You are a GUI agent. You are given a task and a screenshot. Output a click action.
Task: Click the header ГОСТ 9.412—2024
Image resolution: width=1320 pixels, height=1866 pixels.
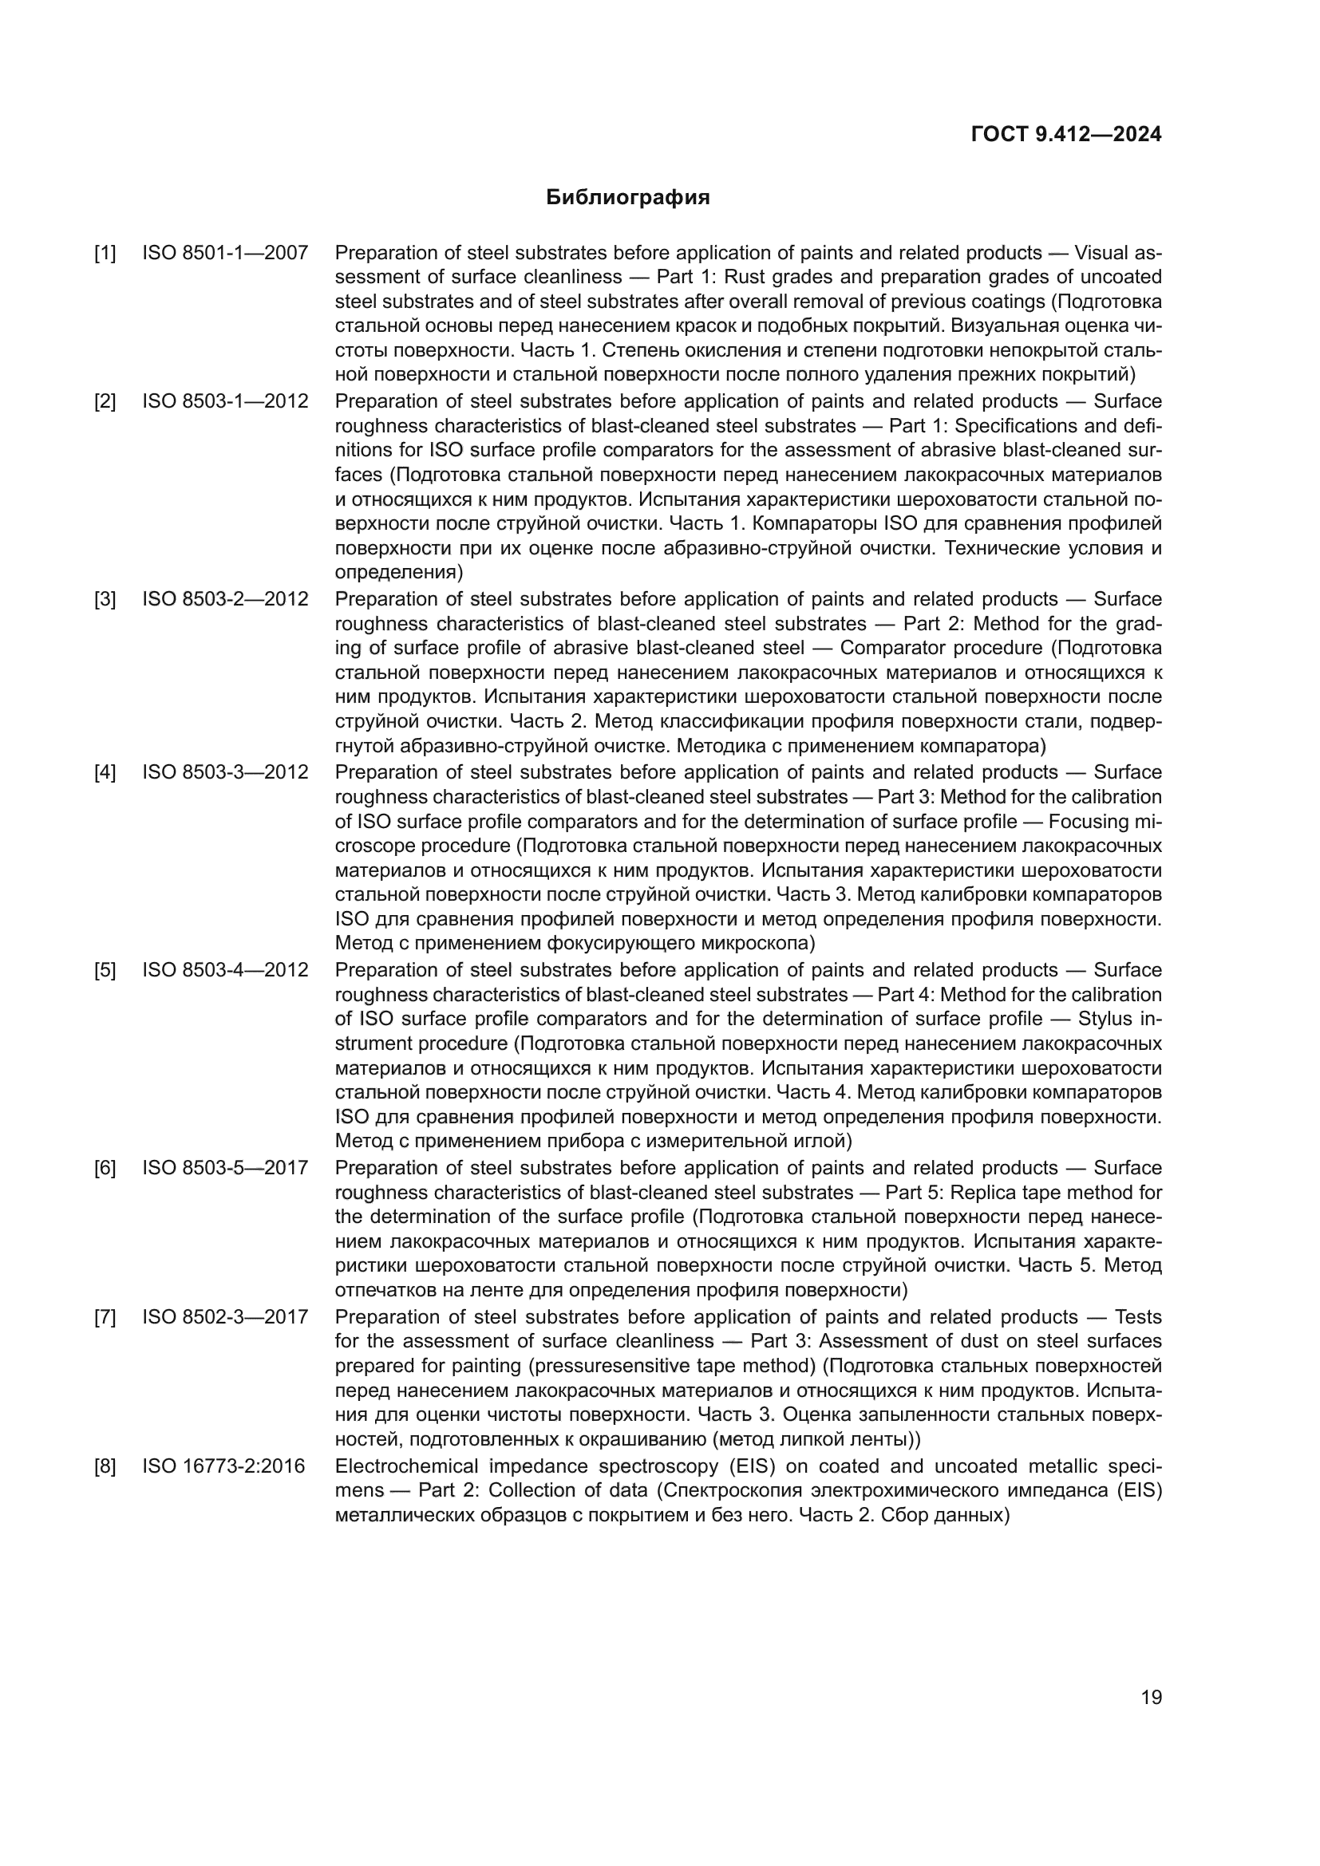[x=1065, y=134]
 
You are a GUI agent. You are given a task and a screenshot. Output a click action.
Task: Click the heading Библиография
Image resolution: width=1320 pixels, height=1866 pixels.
[x=627, y=198]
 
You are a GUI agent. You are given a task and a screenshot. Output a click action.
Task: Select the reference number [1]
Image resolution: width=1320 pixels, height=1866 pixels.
[x=105, y=253]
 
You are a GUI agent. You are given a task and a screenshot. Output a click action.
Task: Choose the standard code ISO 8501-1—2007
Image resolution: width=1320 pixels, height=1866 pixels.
[x=225, y=253]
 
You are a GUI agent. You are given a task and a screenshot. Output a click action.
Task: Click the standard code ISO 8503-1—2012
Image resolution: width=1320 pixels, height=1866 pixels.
[x=225, y=401]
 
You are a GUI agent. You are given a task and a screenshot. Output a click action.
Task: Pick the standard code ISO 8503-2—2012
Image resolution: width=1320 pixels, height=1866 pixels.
[x=225, y=599]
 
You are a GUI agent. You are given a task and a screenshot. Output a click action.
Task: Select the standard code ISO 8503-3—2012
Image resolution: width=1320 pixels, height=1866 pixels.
[x=225, y=772]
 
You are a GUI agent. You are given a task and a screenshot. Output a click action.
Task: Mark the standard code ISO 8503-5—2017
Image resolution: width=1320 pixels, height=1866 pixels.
[x=225, y=1168]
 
